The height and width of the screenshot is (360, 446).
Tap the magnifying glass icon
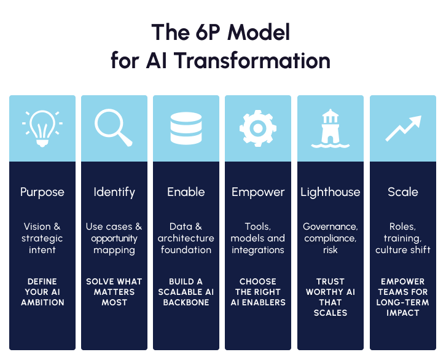click(x=114, y=127)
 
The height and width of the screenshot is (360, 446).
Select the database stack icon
click(x=186, y=127)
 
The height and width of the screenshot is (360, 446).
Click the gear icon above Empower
click(x=258, y=127)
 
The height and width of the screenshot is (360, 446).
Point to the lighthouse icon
click(x=330, y=128)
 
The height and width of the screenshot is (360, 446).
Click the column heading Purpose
click(x=42, y=192)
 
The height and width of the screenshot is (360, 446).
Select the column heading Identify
click(x=114, y=192)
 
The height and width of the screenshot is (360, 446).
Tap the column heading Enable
click(x=186, y=192)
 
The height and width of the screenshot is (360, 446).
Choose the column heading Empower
click(x=258, y=192)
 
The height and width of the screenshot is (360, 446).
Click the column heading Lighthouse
click(x=331, y=192)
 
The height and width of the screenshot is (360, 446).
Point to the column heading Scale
click(x=402, y=192)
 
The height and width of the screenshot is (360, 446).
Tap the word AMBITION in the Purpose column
click(x=42, y=302)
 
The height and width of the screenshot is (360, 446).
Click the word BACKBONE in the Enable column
click(x=186, y=302)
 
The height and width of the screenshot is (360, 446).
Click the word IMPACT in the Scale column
click(x=402, y=313)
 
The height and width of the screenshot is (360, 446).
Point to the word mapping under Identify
click(x=114, y=250)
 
